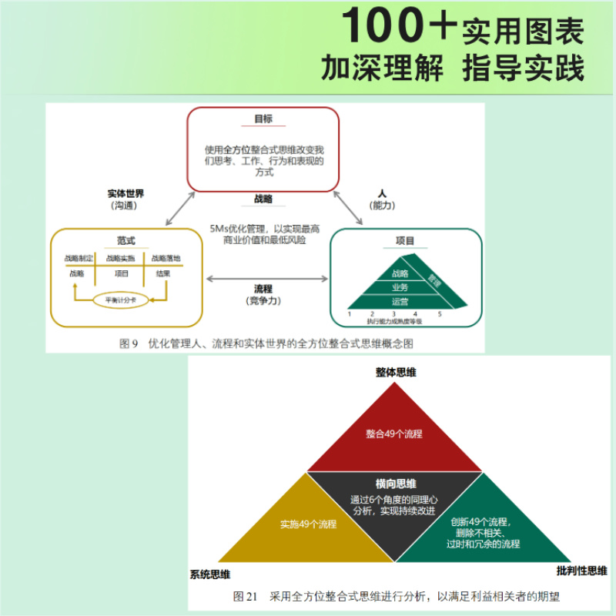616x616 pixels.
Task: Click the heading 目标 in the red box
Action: [x=263, y=119]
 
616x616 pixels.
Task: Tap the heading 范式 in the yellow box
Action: [x=126, y=240]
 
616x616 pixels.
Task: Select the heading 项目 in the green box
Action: [x=405, y=241]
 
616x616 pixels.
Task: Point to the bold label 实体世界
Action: [x=126, y=193]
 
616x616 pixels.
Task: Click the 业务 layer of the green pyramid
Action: [x=400, y=287]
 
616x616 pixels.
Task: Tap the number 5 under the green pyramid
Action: [x=440, y=314]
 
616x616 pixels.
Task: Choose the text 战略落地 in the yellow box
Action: [x=166, y=258]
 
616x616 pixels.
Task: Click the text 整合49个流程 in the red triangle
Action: [x=393, y=434]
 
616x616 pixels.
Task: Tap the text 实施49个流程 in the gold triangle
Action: [x=308, y=524]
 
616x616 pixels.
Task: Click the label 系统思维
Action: [x=210, y=574]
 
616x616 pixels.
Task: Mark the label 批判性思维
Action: [x=581, y=571]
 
